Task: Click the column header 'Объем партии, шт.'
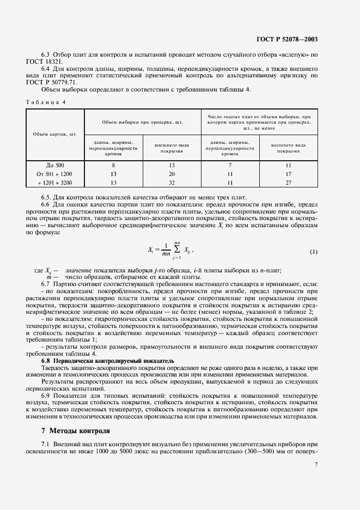click(54, 133)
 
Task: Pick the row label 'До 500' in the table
click(54, 165)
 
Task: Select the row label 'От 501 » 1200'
click(54, 173)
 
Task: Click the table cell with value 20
click(171, 173)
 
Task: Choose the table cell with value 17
click(289, 173)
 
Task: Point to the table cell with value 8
click(113, 165)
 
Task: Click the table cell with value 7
click(230, 165)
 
